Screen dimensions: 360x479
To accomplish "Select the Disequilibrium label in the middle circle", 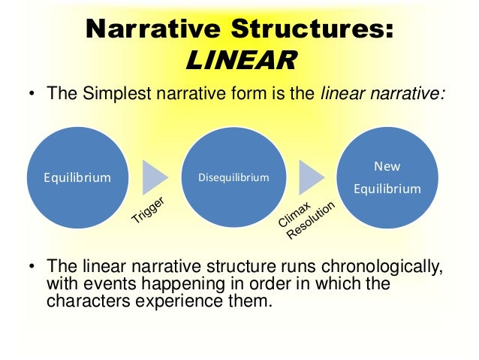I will (233, 178).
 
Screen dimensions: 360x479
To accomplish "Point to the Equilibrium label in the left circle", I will (77, 178).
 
